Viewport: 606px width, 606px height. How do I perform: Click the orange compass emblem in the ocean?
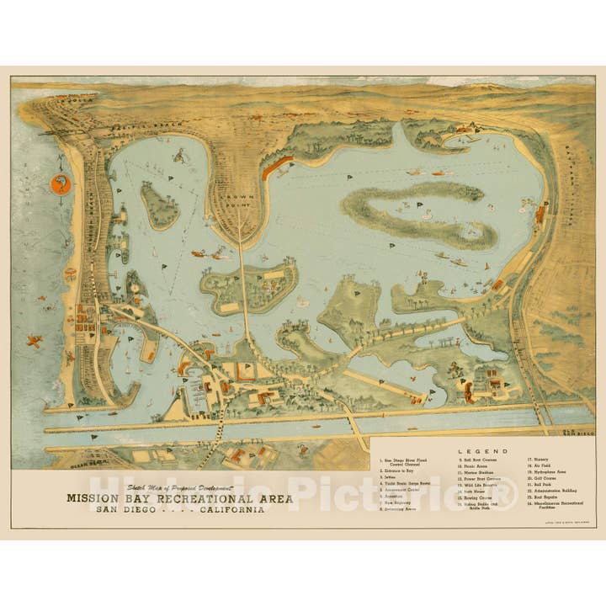point(61,184)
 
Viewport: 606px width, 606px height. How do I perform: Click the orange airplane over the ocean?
point(35,341)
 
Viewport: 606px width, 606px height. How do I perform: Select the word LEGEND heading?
point(483,451)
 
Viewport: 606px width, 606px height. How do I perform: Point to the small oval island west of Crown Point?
point(158,206)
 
